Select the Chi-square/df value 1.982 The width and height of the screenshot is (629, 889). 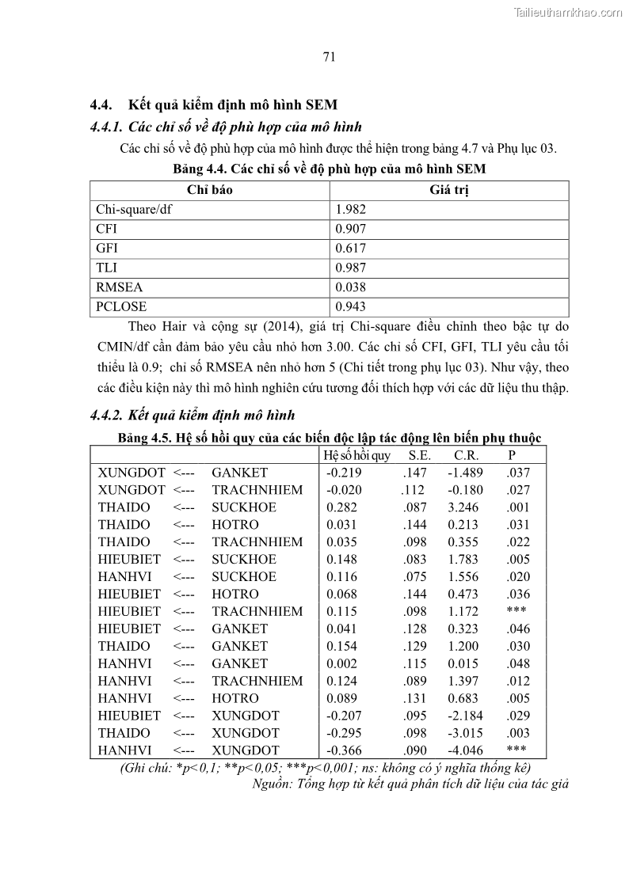pos(351,210)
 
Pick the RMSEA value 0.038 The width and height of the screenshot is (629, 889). pos(351,287)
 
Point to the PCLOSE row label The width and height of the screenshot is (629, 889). pos(121,306)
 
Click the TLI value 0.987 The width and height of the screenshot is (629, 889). pos(351,268)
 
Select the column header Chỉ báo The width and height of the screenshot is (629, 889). pos(210,190)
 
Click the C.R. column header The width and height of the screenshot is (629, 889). pos(465,455)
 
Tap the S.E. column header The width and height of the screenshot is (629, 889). pos(420,455)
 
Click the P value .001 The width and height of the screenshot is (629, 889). pos(518,507)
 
